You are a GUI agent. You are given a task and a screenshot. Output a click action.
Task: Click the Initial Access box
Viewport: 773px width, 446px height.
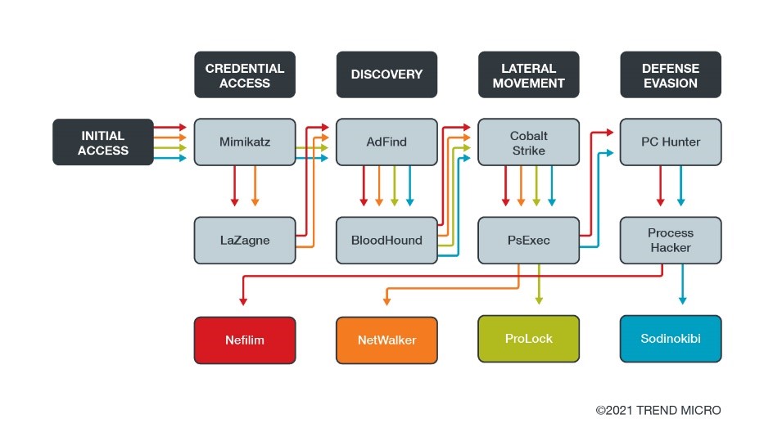[103, 142]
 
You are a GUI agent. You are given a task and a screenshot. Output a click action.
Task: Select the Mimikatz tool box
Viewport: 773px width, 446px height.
[245, 142]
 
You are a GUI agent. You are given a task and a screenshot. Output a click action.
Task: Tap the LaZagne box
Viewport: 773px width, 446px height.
[245, 240]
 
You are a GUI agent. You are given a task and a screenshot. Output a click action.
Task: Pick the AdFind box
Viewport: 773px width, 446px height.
[386, 142]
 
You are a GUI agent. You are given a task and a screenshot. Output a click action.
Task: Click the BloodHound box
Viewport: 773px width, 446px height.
[386, 240]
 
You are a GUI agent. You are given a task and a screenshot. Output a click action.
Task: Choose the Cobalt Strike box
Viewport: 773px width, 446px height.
[528, 142]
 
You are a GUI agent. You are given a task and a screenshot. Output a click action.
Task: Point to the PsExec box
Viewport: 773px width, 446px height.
[528, 240]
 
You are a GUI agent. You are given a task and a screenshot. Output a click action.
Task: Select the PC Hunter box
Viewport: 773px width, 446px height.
[671, 142]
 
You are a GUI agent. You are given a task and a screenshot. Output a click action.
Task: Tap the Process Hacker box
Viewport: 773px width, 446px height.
[671, 240]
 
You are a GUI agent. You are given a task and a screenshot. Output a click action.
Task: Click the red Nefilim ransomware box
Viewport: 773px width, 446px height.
[245, 340]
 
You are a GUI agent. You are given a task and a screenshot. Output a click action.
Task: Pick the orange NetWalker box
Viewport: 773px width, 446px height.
[386, 340]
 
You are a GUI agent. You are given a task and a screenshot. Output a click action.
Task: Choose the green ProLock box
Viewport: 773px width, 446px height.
[528, 338]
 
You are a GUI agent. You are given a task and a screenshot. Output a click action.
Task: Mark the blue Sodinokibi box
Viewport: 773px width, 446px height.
[671, 338]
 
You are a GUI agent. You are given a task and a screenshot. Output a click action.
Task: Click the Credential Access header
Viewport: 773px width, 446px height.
[245, 75]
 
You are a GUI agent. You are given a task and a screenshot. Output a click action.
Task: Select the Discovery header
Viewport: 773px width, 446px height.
[386, 75]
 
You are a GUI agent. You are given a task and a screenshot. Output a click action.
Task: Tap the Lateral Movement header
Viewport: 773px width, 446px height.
[528, 75]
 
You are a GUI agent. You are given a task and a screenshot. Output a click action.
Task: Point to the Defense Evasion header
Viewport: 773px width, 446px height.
[671, 75]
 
